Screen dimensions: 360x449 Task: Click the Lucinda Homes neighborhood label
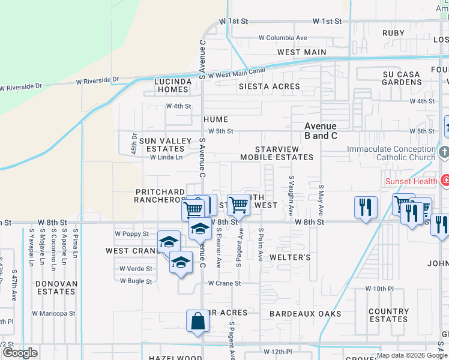tap(172, 85)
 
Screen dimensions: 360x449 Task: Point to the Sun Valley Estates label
tap(161, 145)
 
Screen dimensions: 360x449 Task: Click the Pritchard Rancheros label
tap(159, 196)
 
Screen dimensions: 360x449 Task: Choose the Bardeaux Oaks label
tap(305, 314)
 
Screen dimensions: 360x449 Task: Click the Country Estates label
tap(389, 315)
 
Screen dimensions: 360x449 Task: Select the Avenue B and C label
tap(321, 131)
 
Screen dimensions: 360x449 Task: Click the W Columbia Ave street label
tap(283, 38)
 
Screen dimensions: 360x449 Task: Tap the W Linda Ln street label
tap(166, 157)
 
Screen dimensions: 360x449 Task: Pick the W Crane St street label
tap(224, 283)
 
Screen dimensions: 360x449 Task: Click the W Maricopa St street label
tap(53, 313)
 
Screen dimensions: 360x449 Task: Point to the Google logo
tap(20, 353)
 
